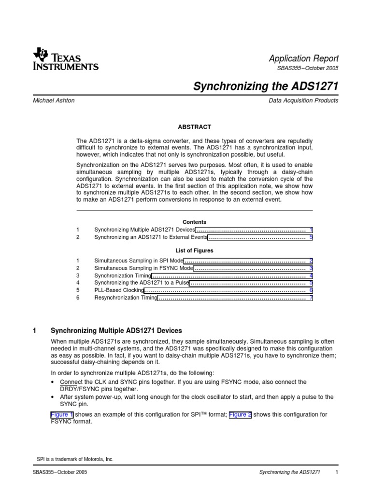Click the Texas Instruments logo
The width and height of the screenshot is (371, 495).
point(66,59)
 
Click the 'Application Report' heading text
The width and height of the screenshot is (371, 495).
point(303,58)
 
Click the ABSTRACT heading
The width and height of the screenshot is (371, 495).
point(195,127)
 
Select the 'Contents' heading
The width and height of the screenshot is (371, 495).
point(195,222)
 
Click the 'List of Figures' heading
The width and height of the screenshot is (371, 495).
point(195,251)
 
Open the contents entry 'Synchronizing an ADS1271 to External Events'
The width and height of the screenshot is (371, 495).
point(151,237)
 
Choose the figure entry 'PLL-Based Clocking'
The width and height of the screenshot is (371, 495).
point(119,290)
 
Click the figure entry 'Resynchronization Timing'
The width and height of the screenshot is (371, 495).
point(126,298)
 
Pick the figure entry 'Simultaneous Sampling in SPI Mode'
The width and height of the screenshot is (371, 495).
point(139,260)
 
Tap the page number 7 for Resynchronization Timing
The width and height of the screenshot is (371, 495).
point(311,298)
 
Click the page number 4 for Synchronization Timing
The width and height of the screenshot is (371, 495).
point(311,275)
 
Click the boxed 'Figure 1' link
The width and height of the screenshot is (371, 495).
point(62,414)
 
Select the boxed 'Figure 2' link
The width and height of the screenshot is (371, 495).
point(240,414)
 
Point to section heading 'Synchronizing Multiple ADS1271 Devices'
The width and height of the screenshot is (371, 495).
point(116,331)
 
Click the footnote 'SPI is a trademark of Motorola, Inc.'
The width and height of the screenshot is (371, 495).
point(75,459)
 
